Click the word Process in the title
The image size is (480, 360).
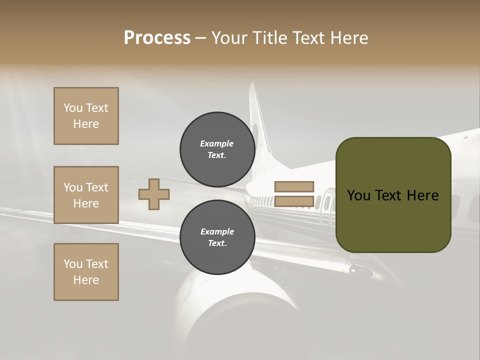[157, 38]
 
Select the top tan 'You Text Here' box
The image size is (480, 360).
[86, 116]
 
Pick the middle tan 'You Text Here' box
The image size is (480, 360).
[86, 195]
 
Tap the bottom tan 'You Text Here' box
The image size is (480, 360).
[86, 272]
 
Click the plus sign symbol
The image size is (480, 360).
[154, 194]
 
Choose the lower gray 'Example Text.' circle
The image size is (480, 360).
[217, 237]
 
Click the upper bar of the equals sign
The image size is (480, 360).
[294, 186]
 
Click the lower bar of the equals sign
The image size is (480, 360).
[294, 201]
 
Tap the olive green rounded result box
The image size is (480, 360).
[393, 194]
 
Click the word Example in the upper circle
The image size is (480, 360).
[217, 143]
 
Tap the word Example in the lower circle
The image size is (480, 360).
[217, 231]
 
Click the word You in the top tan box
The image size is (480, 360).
[73, 108]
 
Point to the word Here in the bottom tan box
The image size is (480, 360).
[86, 280]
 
